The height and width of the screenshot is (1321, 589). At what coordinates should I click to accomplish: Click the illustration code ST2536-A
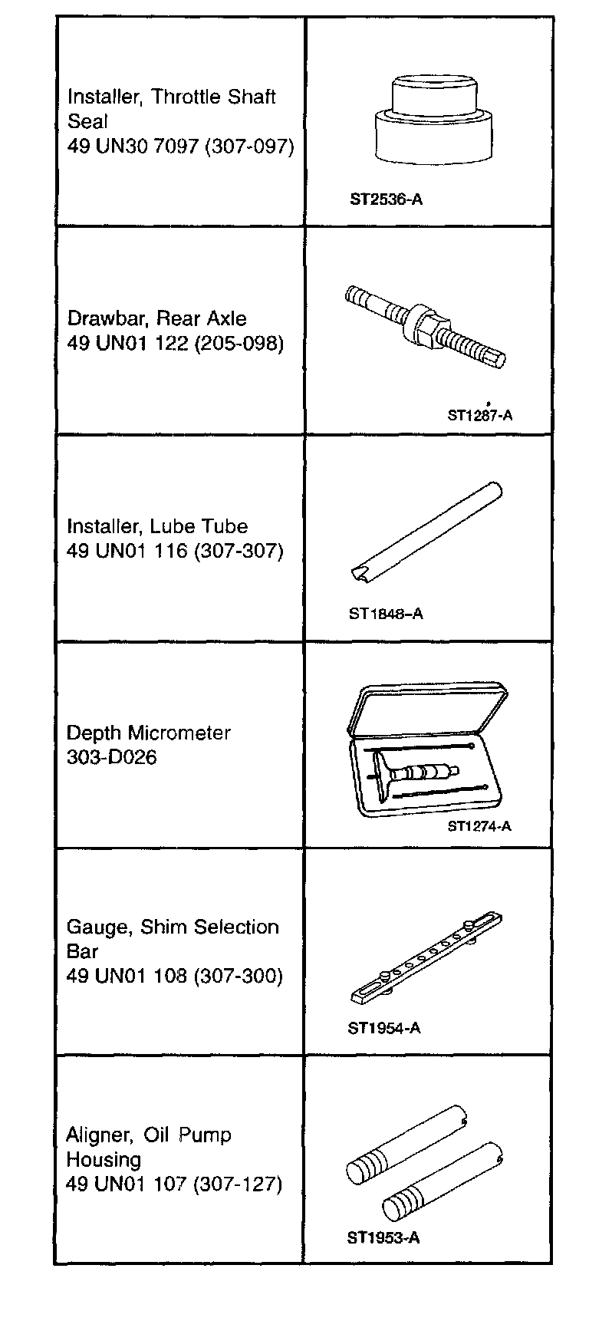(x=386, y=200)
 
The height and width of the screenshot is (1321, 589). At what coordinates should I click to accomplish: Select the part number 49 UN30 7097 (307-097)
(x=180, y=146)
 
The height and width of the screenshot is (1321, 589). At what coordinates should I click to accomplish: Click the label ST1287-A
(x=480, y=415)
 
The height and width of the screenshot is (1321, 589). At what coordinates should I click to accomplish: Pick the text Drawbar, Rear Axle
(x=157, y=318)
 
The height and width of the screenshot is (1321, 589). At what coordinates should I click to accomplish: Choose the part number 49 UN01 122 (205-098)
(x=175, y=343)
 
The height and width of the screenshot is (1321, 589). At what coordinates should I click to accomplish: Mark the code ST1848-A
(x=386, y=614)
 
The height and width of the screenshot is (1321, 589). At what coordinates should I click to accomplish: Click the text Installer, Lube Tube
(x=157, y=526)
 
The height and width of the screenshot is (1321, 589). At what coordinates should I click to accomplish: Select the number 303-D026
(x=112, y=757)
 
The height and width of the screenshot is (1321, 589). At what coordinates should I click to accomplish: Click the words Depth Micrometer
(x=149, y=733)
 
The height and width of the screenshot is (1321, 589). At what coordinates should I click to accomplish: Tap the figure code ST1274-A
(x=479, y=826)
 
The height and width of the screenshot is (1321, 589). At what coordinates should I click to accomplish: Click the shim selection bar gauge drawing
(x=428, y=959)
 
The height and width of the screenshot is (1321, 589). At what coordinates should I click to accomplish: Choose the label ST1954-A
(x=384, y=1028)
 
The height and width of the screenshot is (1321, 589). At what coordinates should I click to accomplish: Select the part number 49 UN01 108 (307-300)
(x=174, y=976)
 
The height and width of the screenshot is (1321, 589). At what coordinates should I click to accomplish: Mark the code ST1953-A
(x=383, y=1237)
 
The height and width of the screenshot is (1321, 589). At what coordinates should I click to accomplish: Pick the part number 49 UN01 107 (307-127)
(x=173, y=1184)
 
